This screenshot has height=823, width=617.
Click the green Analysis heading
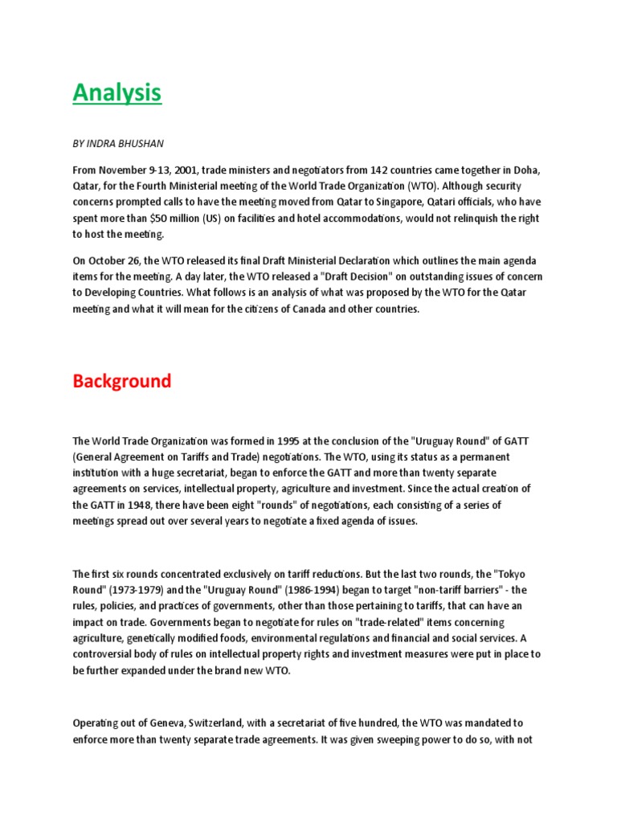116,93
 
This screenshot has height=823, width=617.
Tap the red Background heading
122,380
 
